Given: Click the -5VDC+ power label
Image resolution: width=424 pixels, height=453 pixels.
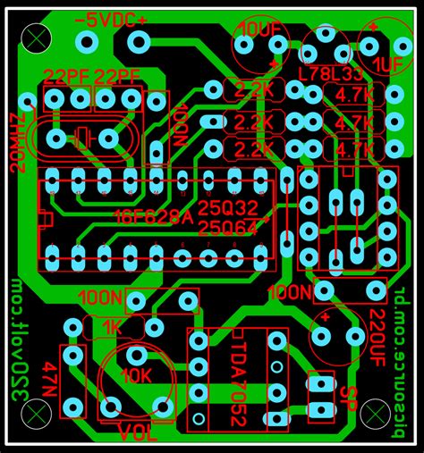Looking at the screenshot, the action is pos(111,20).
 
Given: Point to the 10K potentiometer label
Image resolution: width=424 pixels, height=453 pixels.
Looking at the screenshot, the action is pos(138,376).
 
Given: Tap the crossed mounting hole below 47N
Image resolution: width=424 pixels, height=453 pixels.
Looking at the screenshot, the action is pos(34,414).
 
